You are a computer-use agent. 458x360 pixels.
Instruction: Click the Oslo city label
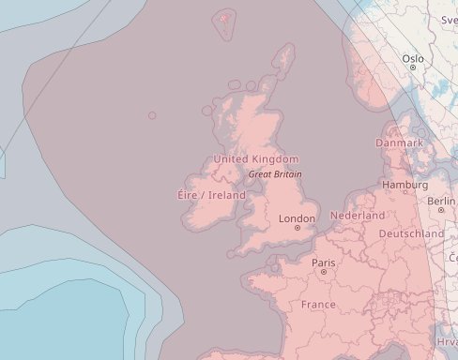pos(413,58)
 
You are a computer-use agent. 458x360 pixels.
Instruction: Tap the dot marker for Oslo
pos(413,67)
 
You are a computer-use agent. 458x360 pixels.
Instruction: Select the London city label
pos(298,218)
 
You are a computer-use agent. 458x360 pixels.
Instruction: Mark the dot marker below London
pos(298,228)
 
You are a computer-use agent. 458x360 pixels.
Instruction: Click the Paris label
pos(324,262)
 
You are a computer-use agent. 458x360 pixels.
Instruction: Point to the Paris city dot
pos(324,272)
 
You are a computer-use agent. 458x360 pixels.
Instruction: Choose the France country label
pos(318,305)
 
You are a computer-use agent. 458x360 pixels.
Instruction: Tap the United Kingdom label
pos(256,159)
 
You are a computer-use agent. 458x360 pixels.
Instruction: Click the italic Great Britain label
pos(275,174)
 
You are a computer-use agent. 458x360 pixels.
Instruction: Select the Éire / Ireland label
pos(211,195)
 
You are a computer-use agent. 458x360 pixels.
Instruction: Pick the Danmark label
pos(399,142)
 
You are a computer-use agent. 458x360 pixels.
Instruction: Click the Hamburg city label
pos(405,186)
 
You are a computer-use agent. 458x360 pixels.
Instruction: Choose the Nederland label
pos(358,216)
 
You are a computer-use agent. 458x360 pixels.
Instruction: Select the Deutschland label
pos(411,232)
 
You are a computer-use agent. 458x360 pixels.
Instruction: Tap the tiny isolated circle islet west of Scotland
pos(152,115)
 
